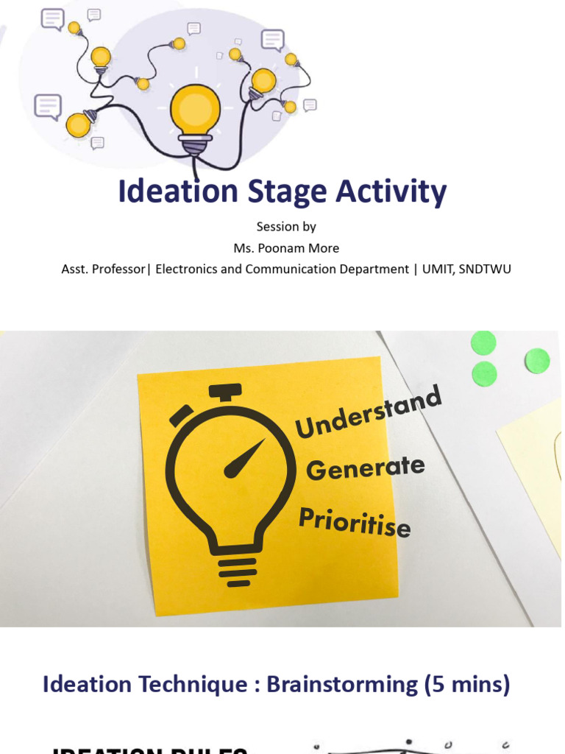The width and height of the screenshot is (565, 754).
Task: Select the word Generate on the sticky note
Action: click(x=366, y=468)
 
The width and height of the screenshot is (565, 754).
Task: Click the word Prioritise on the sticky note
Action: click(x=355, y=522)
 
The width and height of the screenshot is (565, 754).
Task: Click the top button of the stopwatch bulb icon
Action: click(x=225, y=391)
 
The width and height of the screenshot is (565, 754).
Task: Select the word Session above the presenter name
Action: click(x=275, y=227)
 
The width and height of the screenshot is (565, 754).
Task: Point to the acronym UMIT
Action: click(x=437, y=269)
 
